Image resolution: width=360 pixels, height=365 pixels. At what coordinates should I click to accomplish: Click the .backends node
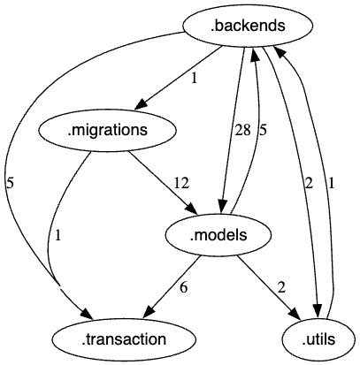tap(248, 27)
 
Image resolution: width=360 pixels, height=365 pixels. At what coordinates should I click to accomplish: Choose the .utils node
tap(319, 338)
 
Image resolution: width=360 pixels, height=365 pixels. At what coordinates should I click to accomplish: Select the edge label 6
tap(183, 287)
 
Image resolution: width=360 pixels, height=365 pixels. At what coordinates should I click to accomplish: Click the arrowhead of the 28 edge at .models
tap(226, 206)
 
